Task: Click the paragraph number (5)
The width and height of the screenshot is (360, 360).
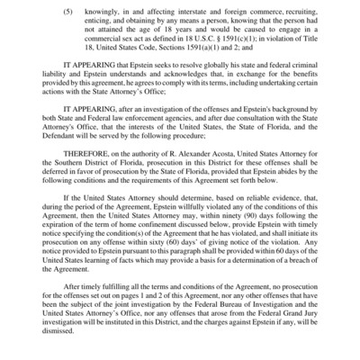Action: click(x=68, y=14)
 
